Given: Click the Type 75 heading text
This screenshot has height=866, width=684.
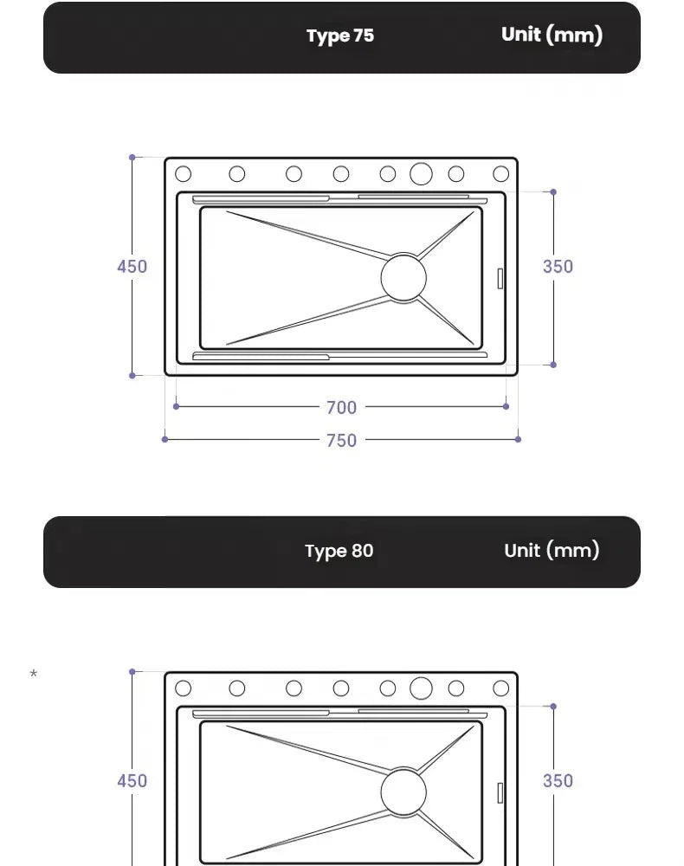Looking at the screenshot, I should tap(340, 36).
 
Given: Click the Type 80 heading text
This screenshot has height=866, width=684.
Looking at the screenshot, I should tap(339, 551).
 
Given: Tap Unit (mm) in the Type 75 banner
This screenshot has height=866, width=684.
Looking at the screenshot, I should tap(552, 35).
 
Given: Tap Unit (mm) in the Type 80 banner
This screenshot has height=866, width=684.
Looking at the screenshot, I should tap(552, 550).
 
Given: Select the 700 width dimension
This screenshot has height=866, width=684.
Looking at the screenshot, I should tap(341, 407).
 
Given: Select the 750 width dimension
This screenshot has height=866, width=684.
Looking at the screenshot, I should tap(341, 440).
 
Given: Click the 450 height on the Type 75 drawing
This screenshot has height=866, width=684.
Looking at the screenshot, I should tap(132, 266).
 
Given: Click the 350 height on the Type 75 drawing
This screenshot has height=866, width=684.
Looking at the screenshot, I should tap(558, 266).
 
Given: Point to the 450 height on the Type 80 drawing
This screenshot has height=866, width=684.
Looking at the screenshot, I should tap(132, 780).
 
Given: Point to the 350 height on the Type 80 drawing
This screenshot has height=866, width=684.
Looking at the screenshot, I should tap(558, 780).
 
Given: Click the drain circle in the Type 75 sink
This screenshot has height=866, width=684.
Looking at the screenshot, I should tap(403, 278).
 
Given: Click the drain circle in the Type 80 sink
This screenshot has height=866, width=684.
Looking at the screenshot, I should tap(403, 792).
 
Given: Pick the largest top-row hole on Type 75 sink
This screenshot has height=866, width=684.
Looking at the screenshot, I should tap(421, 173).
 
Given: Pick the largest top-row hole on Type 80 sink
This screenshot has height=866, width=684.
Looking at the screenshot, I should tap(421, 688).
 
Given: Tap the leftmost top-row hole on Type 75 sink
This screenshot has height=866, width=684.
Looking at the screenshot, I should tap(183, 173).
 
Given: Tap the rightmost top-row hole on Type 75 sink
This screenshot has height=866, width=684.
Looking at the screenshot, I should tap(501, 173).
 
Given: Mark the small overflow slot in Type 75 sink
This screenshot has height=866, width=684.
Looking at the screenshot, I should tap(500, 278).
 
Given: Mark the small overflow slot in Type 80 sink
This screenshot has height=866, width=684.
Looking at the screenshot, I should tap(500, 792).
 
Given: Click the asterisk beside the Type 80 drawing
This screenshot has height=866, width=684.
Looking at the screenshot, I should tap(34, 675).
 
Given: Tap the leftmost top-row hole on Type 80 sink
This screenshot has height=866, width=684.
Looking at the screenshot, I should tap(183, 688).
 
